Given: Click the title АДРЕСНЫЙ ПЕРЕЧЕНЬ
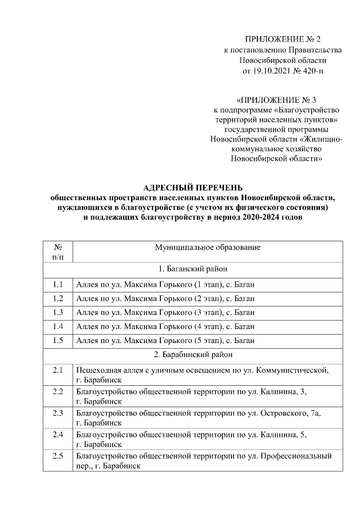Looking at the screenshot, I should pyautogui.click(x=192, y=187).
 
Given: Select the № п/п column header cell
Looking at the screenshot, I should pyautogui.click(x=58, y=251).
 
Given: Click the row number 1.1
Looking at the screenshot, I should pyautogui.click(x=58, y=283).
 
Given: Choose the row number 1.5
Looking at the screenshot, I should pyautogui.click(x=58, y=340).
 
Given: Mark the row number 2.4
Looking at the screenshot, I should pyautogui.click(x=58, y=434).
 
